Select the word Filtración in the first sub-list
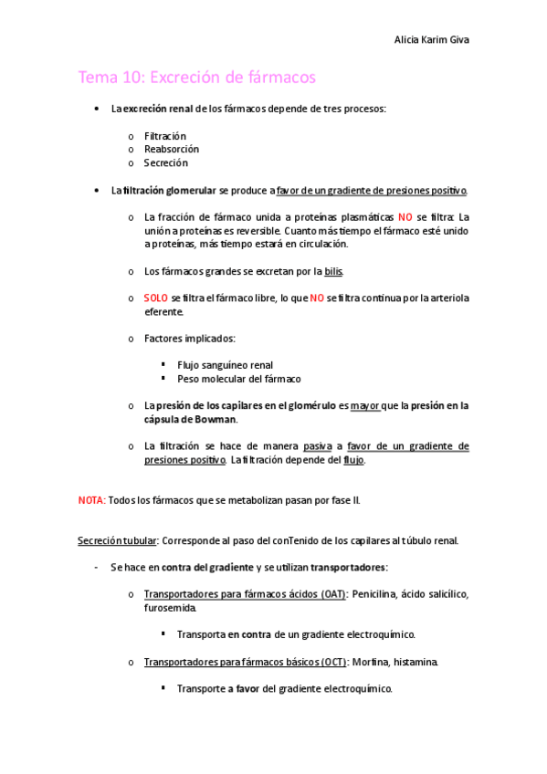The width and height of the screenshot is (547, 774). (165, 136)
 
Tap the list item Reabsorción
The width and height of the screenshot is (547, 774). (172, 149)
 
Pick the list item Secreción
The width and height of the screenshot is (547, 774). (166, 162)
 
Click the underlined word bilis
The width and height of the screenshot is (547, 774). (334, 271)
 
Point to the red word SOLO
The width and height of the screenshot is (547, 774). (156, 298)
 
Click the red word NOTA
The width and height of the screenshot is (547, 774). (91, 500)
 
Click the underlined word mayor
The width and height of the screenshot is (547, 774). (365, 405)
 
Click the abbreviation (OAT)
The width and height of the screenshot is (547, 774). (331, 594)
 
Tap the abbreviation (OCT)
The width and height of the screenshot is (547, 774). (330, 662)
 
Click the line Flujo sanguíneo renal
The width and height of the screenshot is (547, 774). (226, 365)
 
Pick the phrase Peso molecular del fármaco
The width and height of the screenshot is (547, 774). (239, 379)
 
